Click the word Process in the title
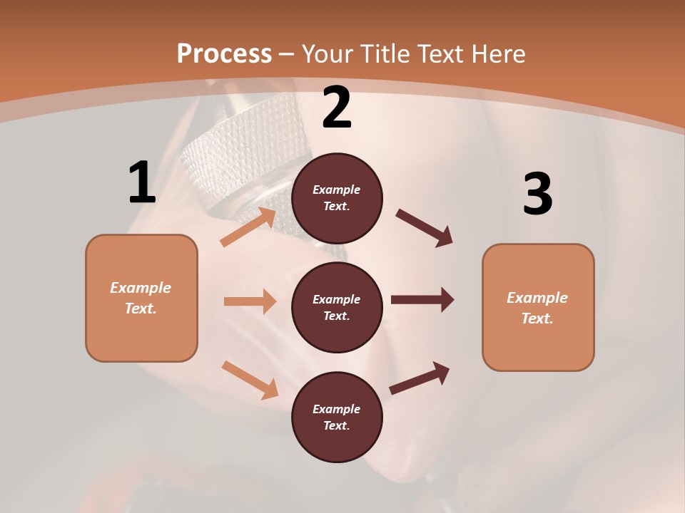pos(224,54)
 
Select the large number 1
pos(142,183)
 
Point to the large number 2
pos(337,108)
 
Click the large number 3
pos(537,194)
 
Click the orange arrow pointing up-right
pos(249,227)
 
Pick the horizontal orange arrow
pos(250,301)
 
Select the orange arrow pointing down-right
pos(250,380)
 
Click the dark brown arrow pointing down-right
pos(425,228)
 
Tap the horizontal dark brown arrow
pos(422,300)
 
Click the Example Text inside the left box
pos(141,298)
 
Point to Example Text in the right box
pos(537,308)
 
